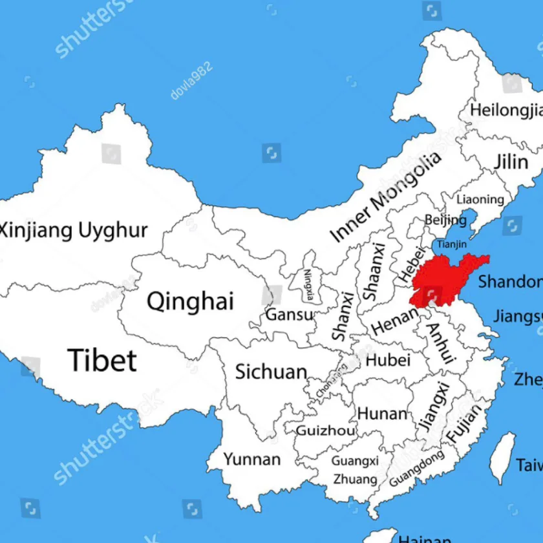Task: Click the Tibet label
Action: (x=103, y=360)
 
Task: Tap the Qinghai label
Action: (x=190, y=301)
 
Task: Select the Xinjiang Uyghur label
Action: (x=74, y=230)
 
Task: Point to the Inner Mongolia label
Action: (x=387, y=197)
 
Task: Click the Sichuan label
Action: (x=271, y=372)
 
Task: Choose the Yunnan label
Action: (x=252, y=460)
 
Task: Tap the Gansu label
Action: (x=290, y=315)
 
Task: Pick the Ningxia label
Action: (x=310, y=285)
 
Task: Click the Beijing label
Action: (x=445, y=220)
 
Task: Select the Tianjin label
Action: (x=451, y=244)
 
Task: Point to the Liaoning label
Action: (x=480, y=200)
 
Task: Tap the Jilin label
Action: (x=511, y=162)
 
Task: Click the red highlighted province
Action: (x=446, y=278)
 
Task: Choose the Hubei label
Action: (x=388, y=360)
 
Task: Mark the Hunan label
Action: (x=383, y=413)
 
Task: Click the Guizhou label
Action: (x=325, y=431)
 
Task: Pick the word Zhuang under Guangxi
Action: (x=355, y=479)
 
